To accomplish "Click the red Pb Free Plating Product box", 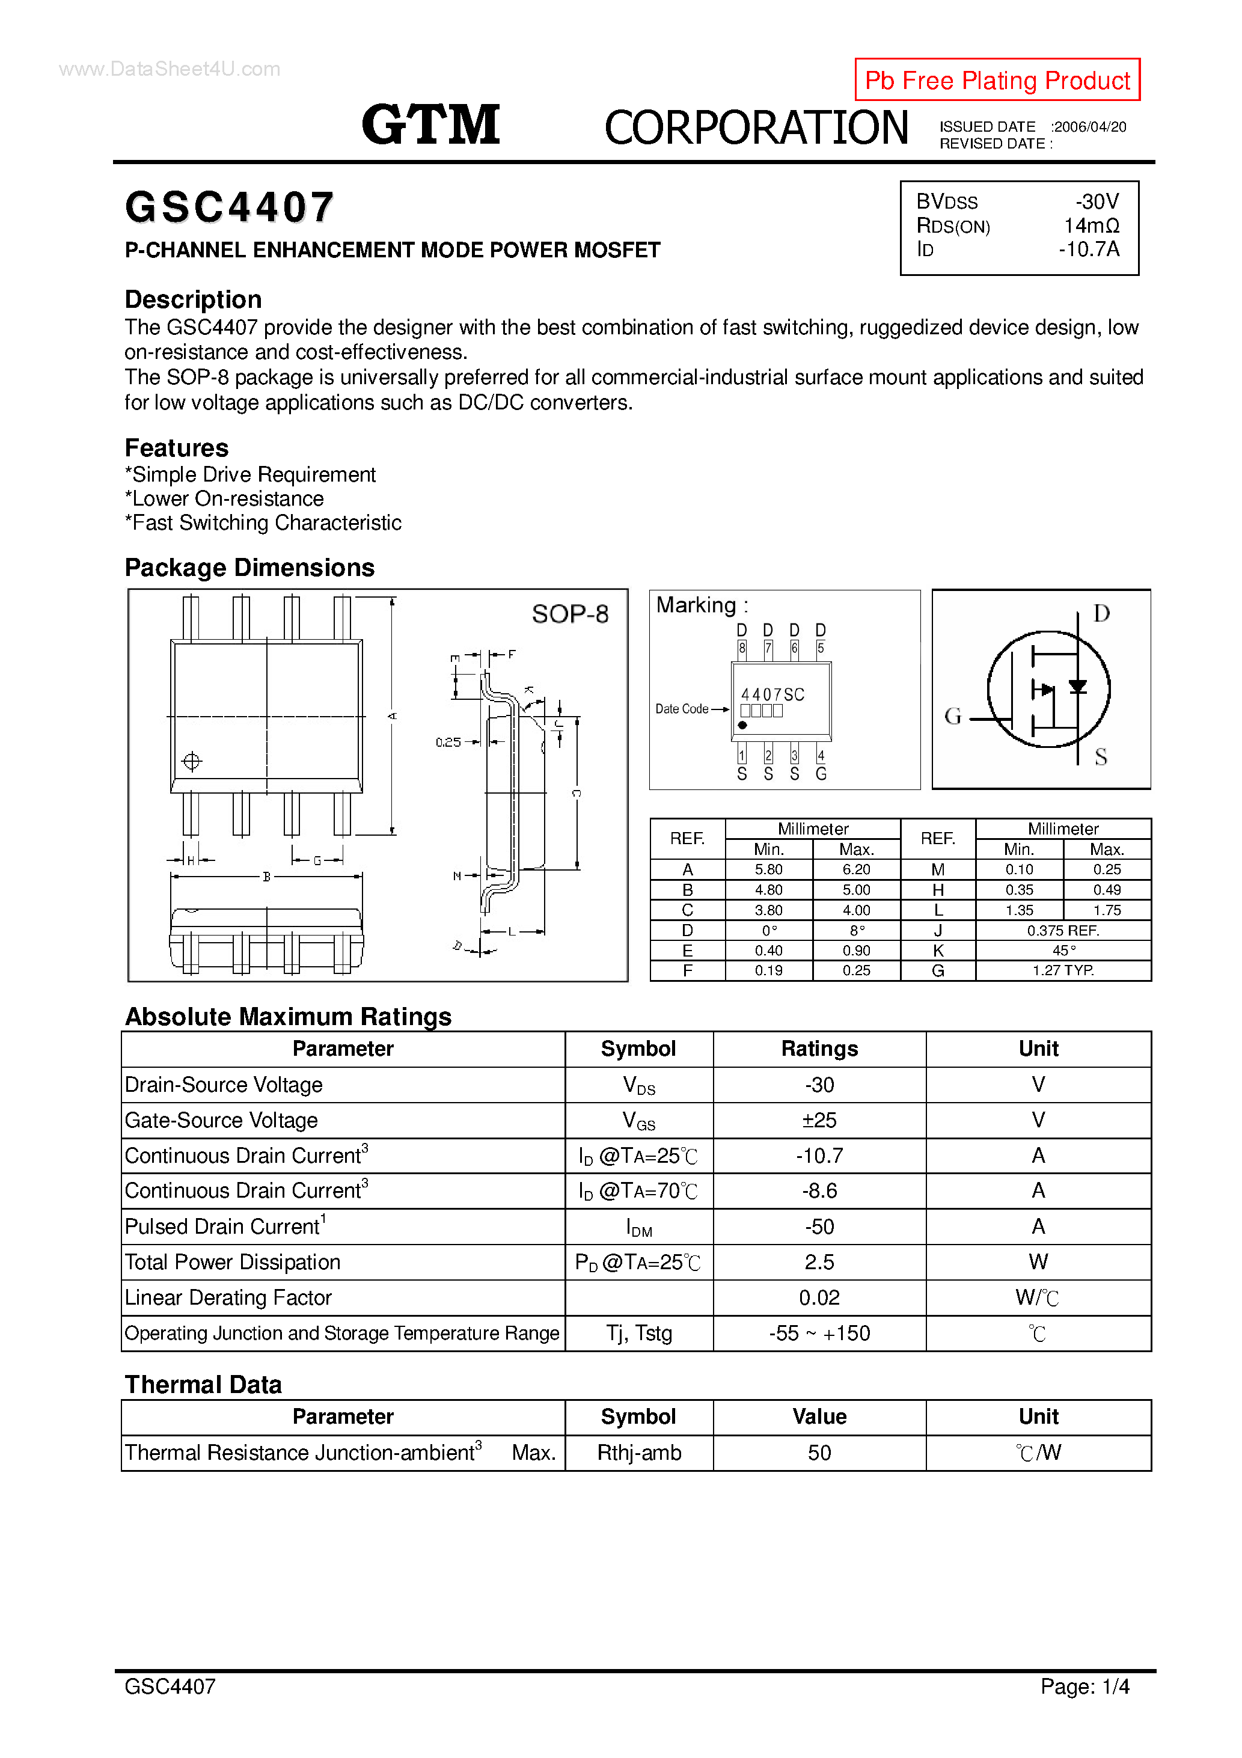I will click(x=996, y=79).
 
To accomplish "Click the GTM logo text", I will click(x=430, y=125).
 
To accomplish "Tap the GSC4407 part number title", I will click(x=229, y=207).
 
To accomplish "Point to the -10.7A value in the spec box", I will click(x=1088, y=249).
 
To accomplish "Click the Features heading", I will click(x=176, y=448).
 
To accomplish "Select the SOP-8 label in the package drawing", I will click(x=570, y=614).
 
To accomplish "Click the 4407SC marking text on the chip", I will click(x=772, y=694).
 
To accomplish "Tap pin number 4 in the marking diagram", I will click(x=821, y=756).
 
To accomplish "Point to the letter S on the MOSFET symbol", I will click(x=1100, y=758).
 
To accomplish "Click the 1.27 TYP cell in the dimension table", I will click(x=1063, y=971).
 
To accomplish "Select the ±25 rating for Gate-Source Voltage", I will click(x=819, y=1120).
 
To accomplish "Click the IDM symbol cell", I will click(x=638, y=1227).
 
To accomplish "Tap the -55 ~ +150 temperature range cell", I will click(x=819, y=1334).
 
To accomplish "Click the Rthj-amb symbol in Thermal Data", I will click(x=638, y=1453).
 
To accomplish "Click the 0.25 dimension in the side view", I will click(x=448, y=742).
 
